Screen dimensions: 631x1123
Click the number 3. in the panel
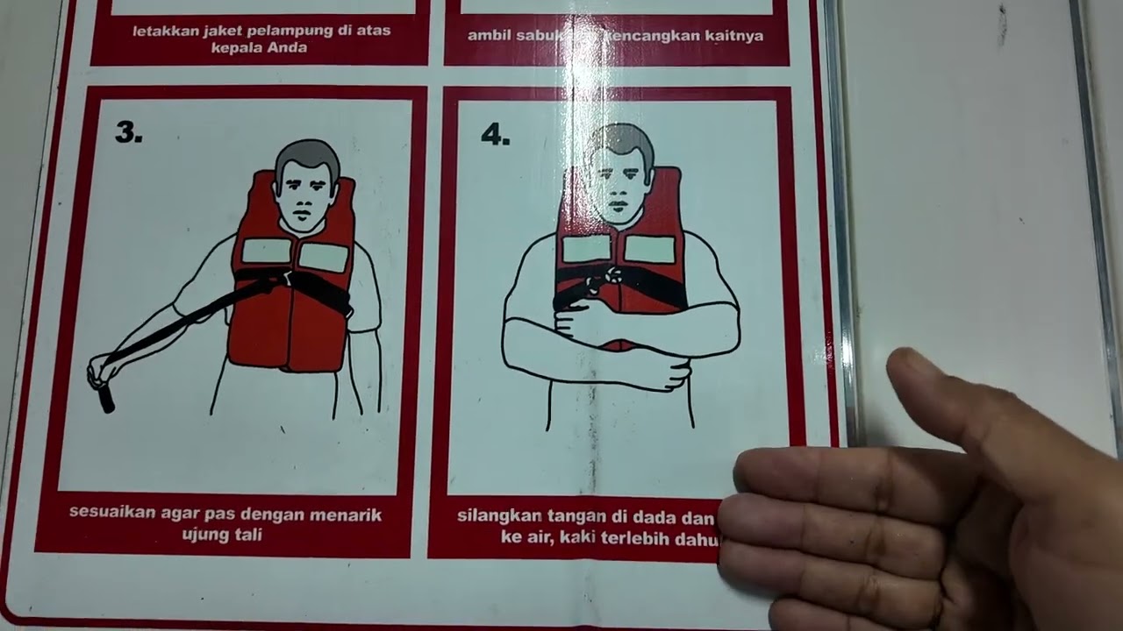pos(128,132)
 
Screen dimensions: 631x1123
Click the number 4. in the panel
pos(495,135)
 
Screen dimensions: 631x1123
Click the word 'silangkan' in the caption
pos(496,515)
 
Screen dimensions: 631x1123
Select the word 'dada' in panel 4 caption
pos(676,515)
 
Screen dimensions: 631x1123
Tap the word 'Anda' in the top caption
pos(290,47)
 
